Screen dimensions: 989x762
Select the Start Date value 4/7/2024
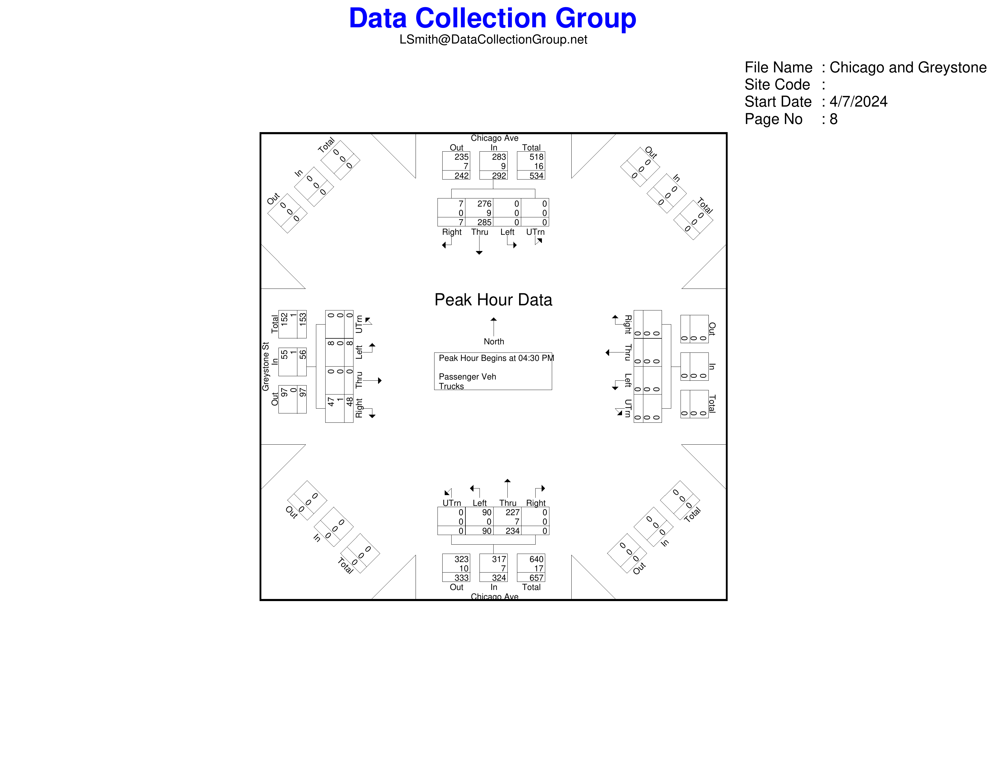point(858,101)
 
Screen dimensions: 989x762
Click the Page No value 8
point(834,119)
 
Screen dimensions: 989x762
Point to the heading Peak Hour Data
point(493,300)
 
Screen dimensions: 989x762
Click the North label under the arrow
point(494,342)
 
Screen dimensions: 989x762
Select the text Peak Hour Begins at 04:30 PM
point(496,358)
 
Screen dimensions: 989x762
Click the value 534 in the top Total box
point(536,176)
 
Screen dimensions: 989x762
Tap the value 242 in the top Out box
point(461,176)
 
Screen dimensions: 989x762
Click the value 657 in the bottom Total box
point(536,578)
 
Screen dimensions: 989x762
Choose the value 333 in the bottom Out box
point(461,578)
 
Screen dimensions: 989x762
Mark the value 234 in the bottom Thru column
point(513,531)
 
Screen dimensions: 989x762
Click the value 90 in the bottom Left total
point(487,531)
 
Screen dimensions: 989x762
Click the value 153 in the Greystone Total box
point(302,319)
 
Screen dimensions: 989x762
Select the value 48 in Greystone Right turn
point(350,401)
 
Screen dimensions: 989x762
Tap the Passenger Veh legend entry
point(467,377)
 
